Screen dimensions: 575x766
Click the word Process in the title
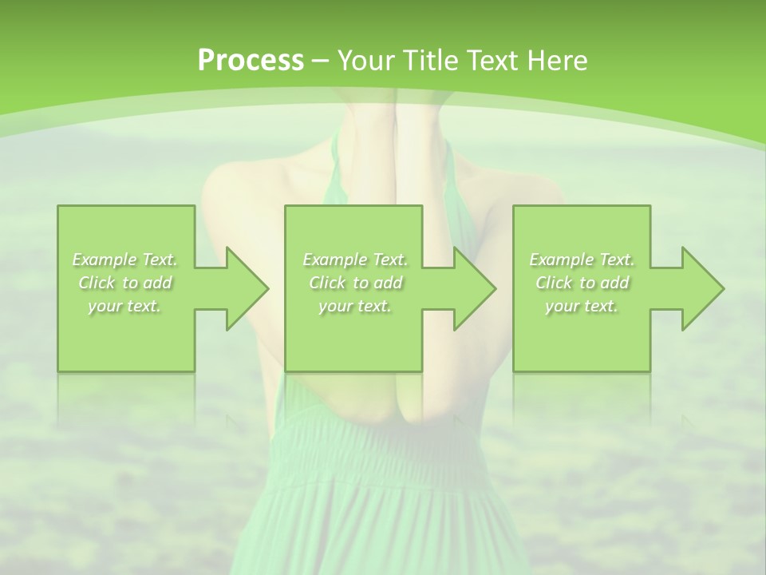(251, 61)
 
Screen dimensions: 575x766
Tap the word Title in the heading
(431, 61)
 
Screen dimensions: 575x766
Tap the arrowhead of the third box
(697, 288)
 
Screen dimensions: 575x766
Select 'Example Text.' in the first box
(125, 260)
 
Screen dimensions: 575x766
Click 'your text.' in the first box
(125, 306)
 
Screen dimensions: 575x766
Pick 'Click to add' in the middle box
(355, 283)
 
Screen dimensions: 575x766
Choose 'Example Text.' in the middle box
(355, 260)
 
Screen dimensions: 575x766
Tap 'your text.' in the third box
(582, 306)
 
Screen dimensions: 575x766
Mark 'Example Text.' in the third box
(582, 260)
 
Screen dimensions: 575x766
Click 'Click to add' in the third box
(582, 283)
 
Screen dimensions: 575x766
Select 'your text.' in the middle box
(355, 306)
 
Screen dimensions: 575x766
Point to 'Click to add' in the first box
(125, 283)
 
